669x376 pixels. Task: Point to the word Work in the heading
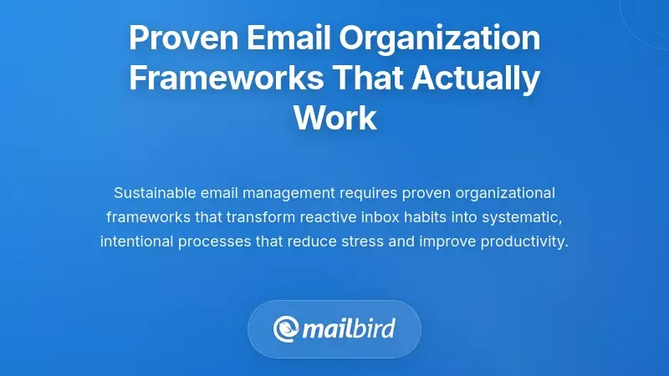334,117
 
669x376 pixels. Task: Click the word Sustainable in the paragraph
154,193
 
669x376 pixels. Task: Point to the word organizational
498,193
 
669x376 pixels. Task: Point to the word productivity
526,241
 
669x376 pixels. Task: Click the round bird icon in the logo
287,328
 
